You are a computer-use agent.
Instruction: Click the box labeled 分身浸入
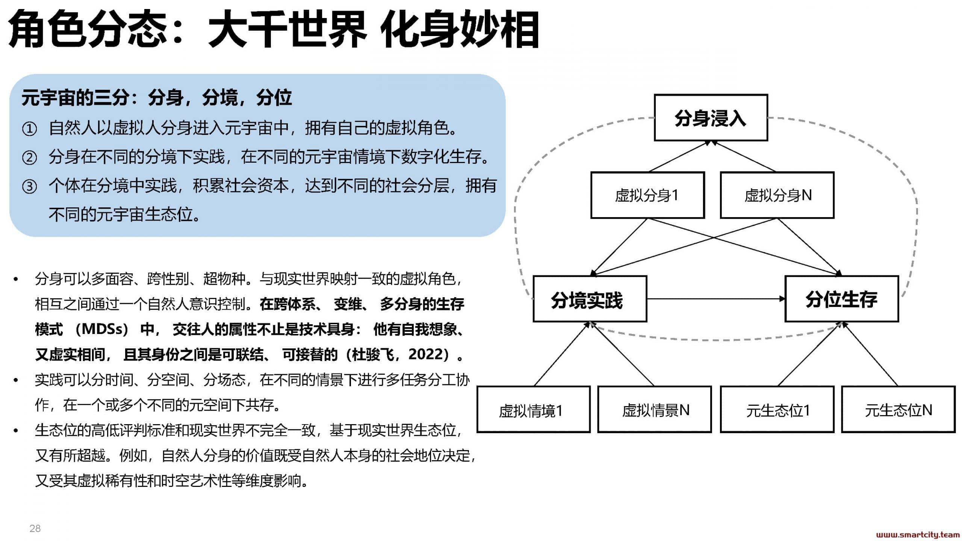pos(711,118)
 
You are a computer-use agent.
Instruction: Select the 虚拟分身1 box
pos(647,195)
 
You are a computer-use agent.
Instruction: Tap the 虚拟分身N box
pos(777,195)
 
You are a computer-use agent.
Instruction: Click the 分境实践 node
pos(590,299)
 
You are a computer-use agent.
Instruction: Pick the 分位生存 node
pos(842,299)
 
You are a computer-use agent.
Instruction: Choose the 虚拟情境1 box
pos(534,410)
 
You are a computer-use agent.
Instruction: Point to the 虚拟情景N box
pos(655,410)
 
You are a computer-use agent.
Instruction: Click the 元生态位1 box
pos(777,410)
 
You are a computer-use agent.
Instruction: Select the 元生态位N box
pos(898,410)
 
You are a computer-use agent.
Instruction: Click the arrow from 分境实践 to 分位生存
pos(716,299)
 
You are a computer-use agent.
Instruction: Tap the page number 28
pos(35,529)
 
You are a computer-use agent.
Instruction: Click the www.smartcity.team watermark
pos(918,535)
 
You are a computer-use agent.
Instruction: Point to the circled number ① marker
pos(29,129)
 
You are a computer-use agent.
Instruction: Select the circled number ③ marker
pos(29,186)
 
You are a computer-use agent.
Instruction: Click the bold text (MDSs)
pos(102,329)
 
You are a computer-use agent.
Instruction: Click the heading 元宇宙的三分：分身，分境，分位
pos(157,98)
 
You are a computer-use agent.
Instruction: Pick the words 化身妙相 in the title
pos(460,29)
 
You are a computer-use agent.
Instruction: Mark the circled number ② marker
pos(29,157)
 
